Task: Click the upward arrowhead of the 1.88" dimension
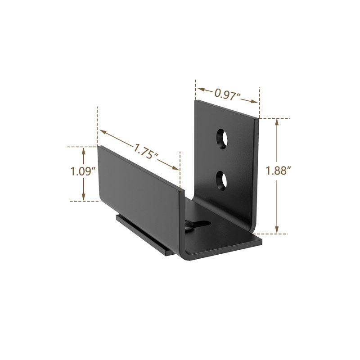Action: click(277, 122)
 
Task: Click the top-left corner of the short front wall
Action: click(98, 146)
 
